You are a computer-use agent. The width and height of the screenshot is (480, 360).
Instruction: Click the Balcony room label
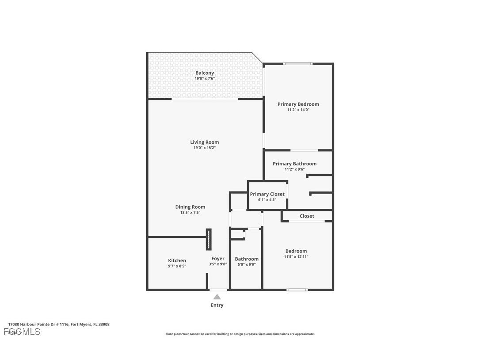[205, 73]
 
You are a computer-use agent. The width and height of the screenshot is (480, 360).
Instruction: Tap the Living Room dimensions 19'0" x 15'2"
[205, 148]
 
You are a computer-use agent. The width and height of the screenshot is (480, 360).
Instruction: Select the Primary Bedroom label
[298, 104]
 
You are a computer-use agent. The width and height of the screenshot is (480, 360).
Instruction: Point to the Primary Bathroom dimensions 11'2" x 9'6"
[294, 169]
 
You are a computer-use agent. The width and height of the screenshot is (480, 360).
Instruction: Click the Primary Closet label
[267, 194]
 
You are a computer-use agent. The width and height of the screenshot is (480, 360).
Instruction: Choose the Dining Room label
[190, 207]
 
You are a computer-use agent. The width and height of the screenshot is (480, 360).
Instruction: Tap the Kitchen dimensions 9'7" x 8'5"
[177, 266]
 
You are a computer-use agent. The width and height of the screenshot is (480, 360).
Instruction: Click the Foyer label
[217, 259]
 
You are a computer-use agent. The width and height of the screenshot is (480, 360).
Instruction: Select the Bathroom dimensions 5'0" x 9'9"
[247, 264]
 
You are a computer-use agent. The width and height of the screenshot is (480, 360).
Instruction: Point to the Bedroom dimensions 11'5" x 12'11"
[296, 257]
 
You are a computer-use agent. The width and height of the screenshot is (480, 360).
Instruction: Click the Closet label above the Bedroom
[307, 216]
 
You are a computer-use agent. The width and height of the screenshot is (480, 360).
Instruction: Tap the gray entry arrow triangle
[217, 297]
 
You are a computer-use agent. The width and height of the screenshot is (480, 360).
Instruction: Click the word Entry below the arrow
[217, 305]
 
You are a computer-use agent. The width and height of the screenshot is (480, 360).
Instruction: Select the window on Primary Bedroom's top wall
[298, 64]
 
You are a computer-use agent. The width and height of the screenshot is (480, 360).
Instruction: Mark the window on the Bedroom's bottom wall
[297, 290]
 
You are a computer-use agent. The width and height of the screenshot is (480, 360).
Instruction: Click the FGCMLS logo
[22, 332]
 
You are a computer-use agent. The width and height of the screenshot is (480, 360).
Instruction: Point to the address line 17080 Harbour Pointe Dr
[59, 324]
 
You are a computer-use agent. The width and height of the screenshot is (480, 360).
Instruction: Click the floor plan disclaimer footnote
[240, 334]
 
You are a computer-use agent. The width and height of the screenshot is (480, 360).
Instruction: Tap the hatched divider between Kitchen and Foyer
[209, 239]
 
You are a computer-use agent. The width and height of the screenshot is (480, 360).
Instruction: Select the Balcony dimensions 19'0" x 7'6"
[205, 79]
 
